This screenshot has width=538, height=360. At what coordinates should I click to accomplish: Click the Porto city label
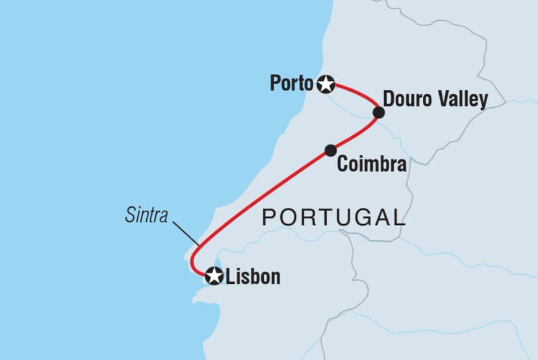pos(290,84)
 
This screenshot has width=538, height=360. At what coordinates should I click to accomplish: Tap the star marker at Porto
pos(326,84)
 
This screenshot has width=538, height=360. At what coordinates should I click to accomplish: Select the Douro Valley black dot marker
pos(379,113)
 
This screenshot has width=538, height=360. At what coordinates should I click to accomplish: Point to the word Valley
pos(462,99)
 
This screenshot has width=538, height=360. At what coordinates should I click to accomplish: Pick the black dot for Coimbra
pos(331,150)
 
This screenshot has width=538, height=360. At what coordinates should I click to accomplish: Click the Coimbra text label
pos(372,165)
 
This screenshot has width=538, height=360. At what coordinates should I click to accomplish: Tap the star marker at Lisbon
pos(213,276)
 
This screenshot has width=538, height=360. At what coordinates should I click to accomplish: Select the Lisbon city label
pos(253,277)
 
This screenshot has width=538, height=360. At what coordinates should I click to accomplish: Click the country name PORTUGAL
pos(333,218)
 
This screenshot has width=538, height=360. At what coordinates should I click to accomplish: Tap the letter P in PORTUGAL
pos(269,218)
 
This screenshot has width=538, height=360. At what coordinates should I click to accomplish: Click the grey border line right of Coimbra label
pos(411,175)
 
